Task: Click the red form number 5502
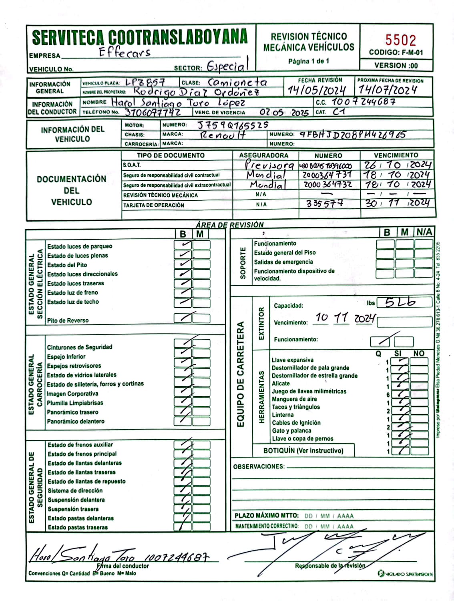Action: pos(400,40)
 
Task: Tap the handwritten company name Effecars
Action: pos(125,52)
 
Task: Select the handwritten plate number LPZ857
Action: pos(145,83)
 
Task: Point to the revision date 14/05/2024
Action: pos(317,90)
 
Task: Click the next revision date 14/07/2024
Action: pos(387,90)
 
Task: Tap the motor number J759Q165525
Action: pos(233,125)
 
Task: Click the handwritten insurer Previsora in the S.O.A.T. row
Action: pos(269,165)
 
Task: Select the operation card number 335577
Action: pos(325,204)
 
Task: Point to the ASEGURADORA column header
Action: pos(263,155)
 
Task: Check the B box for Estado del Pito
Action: pos(183,264)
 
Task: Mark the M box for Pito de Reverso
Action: pos(201,319)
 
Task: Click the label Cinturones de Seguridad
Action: pos(80,347)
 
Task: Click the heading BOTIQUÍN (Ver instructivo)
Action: pos(303,451)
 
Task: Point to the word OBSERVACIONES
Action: pos(259,467)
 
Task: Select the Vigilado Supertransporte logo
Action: pos(405,574)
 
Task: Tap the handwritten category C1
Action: pos(339,112)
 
